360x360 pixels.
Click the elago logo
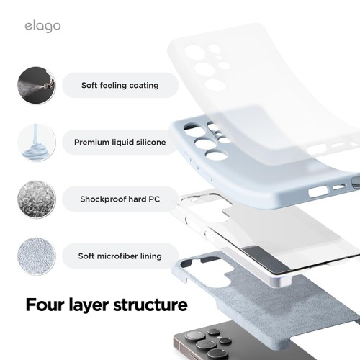[x=41, y=26]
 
